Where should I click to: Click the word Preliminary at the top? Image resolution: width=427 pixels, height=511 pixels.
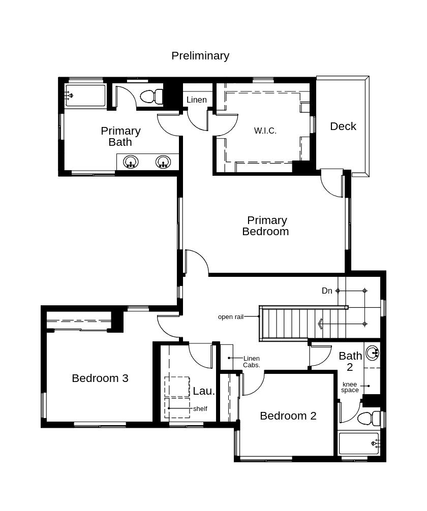click(200, 55)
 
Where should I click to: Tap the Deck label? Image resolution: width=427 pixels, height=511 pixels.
click(343, 126)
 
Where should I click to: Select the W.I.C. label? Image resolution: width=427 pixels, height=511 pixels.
click(265, 131)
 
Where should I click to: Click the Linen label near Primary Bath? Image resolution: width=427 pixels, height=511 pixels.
click(197, 100)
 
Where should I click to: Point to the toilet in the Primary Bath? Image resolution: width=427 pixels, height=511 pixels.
click(151, 96)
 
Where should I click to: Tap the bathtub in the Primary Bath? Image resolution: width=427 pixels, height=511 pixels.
click(85, 95)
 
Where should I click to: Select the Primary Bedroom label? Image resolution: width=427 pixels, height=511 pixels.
click(266, 226)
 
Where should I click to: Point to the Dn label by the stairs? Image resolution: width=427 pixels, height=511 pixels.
click(327, 291)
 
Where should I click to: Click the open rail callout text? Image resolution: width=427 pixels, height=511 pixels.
click(231, 317)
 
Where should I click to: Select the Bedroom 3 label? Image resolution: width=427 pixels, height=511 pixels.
click(100, 378)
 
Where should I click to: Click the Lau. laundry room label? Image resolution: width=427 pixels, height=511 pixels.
click(204, 391)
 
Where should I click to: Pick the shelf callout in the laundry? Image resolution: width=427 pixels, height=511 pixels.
click(200, 408)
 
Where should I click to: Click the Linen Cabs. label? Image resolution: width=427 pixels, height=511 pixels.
click(252, 362)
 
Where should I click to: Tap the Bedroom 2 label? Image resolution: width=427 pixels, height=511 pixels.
click(288, 416)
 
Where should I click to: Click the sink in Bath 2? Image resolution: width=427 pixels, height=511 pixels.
click(373, 352)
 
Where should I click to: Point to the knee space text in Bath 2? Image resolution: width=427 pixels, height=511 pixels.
click(350, 387)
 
